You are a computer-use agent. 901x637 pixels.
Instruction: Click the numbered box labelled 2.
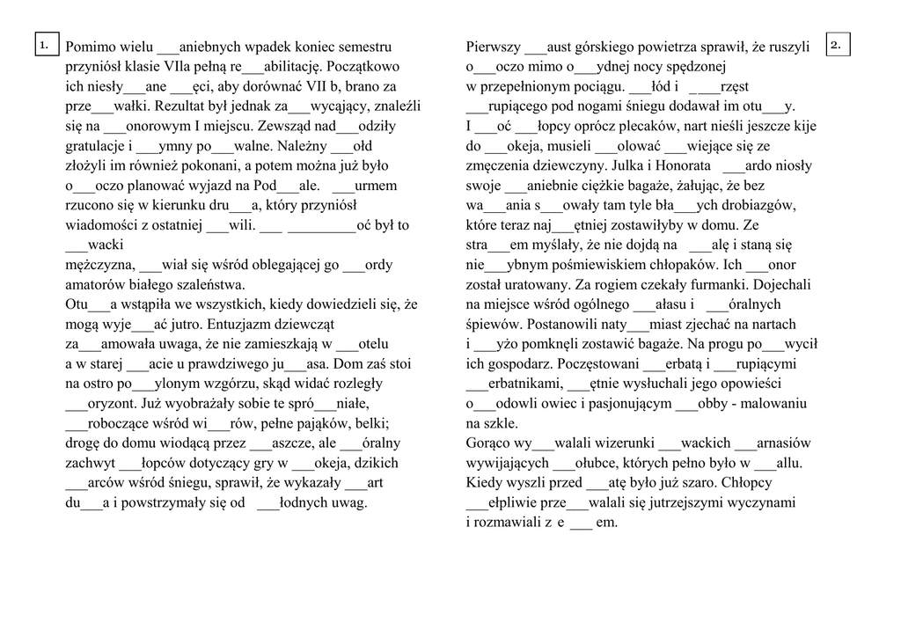[x=839, y=43]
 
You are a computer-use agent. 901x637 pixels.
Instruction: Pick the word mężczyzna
[x=99, y=264]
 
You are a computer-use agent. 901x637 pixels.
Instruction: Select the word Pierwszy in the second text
[x=492, y=48]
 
